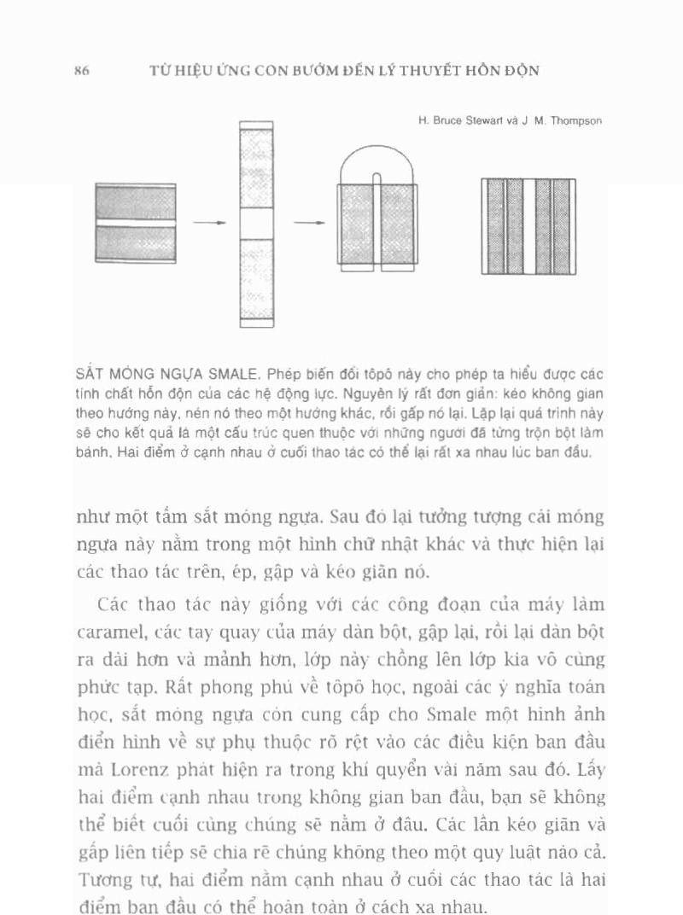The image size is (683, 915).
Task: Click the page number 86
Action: click(82, 71)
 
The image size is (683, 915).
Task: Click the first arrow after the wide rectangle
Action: click(209, 223)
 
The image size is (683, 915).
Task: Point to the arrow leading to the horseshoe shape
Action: click(310, 223)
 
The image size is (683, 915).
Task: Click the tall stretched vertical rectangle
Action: click(256, 171)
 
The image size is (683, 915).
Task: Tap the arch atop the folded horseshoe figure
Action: click(377, 162)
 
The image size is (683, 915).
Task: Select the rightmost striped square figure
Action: click(528, 226)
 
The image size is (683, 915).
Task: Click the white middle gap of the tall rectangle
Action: click(256, 224)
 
